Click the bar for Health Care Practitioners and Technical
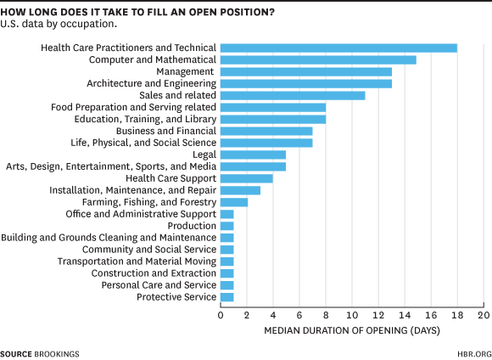click(x=338, y=48)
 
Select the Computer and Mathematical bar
click(x=318, y=60)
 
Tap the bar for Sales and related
click(x=293, y=96)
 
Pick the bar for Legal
click(x=253, y=155)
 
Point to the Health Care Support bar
click(x=247, y=178)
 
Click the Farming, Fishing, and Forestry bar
click(x=234, y=202)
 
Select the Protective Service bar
click(x=227, y=297)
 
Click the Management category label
click(x=190, y=72)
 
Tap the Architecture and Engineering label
click(x=151, y=84)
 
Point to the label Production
click(x=192, y=226)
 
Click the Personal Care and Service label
click(x=159, y=285)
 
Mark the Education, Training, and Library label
click(x=145, y=120)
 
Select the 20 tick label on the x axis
click(x=484, y=315)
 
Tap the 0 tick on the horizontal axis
click(x=221, y=315)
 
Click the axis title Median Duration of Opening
click(x=351, y=329)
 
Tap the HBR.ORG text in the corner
click(x=472, y=352)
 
